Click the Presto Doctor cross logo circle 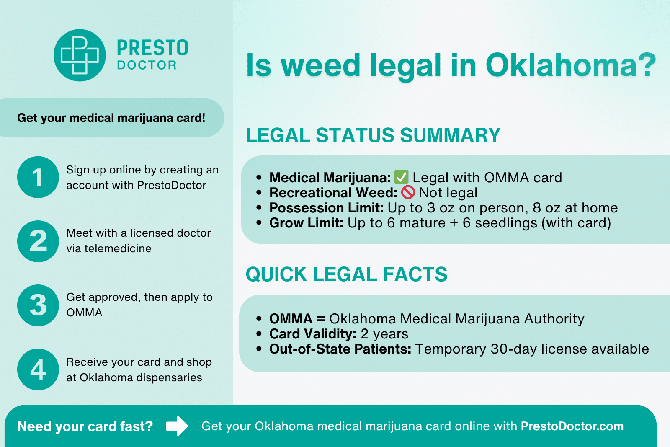pyautogui.click(x=80, y=55)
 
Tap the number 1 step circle pyautogui.click(x=38, y=177)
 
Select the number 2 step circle pyautogui.click(x=38, y=241)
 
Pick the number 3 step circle pyautogui.click(x=38, y=305)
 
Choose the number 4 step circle pyautogui.click(x=38, y=369)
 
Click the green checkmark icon pyautogui.click(x=402, y=177)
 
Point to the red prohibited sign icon pyautogui.click(x=408, y=192)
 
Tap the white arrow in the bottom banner pyautogui.click(x=177, y=426)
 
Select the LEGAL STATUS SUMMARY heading pyautogui.click(x=373, y=135)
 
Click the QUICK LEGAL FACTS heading pyautogui.click(x=346, y=274)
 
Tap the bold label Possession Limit pyautogui.click(x=327, y=208)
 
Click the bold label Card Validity pyautogui.click(x=313, y=334)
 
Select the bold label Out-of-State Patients pyautogui.click(x=340, y=349)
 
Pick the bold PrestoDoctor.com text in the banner pyautogui.click(x=572, y=426)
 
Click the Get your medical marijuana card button pyautogui.click(x=111, y=118)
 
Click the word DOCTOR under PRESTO pyautogui.click(x=147, y=65)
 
